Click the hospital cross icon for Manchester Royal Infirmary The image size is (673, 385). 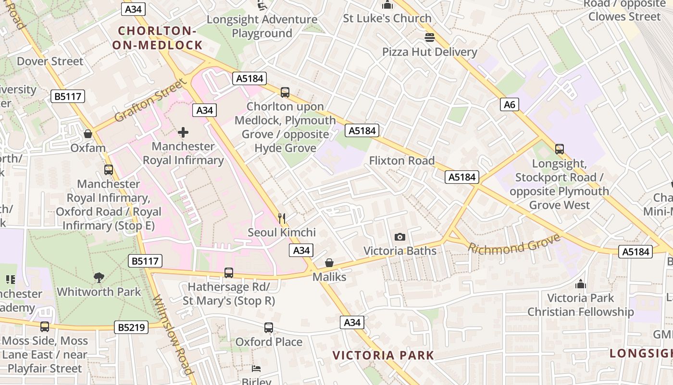[x=183, y=132]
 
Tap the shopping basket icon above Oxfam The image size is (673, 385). [x=88, y=134]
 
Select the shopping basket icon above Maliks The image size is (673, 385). [x=329, y=263]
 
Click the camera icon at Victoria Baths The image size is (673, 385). [x=399, y=237]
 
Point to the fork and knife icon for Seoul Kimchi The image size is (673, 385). [x=282, y=218]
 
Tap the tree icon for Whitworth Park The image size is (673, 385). [x=99, y=278]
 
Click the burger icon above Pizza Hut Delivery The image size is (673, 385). [x=430, y=38]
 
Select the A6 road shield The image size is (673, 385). [x=510, y=104]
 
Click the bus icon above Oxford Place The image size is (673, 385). [x=269, y=328]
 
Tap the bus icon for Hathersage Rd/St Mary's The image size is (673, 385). [x=229, y=273]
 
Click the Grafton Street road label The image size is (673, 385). [x=150, y=101]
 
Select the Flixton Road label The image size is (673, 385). [x=401, y=161]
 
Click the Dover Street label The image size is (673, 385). [x=50, y=62]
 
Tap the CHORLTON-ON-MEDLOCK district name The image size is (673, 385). [x=157, y=38]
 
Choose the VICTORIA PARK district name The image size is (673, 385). [x=383, y=356]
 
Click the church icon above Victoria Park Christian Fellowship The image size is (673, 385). [x=581, y=284]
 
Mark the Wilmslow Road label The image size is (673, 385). [x=173, y=334]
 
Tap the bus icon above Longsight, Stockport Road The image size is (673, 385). [x=559, y=149]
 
